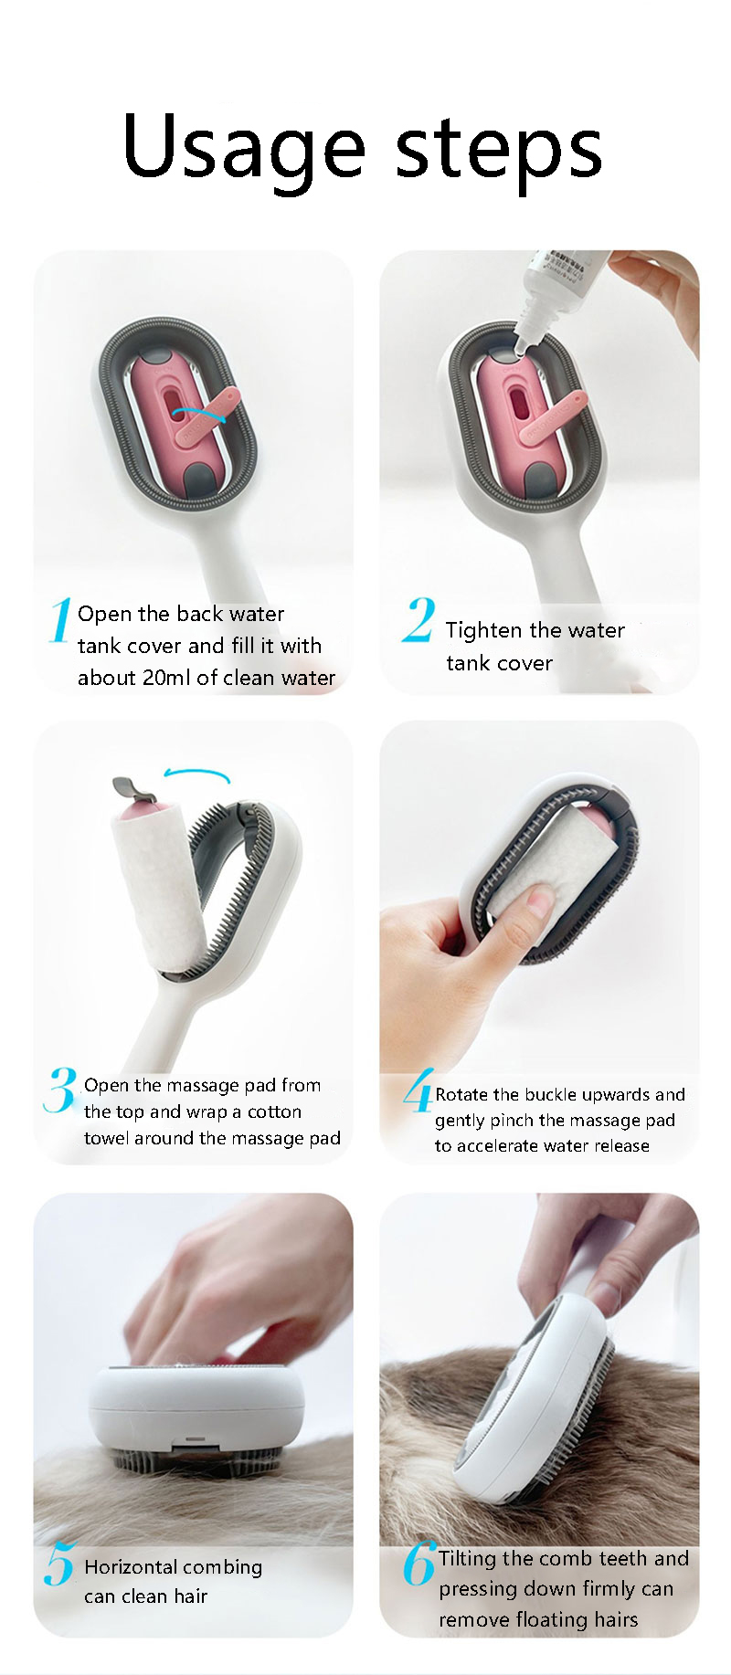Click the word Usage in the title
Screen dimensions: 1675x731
coord(243,147)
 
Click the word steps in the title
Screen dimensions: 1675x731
coord(498,147)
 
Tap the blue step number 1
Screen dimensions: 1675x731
coord(60,621)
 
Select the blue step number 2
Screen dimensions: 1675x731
coord(418,621)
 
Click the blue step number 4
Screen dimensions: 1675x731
coord(418,1092)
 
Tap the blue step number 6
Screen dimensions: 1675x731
coord(418,1564)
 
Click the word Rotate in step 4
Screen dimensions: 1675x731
coord(461,1094)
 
